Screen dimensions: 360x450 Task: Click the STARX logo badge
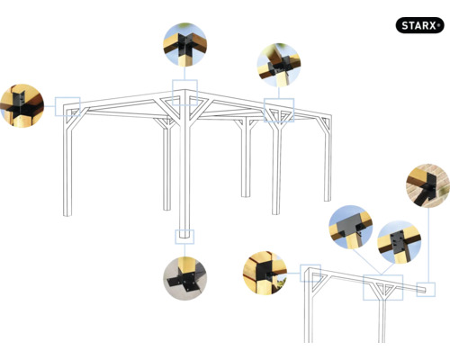pyautogui.click(x=419, y=24)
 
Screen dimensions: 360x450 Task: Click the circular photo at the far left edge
pyautogui.click(x=22, y=105)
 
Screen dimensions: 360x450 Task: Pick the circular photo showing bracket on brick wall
pyautogui.click(x=427, y=186)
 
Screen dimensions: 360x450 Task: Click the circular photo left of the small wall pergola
pyautogui.click(x=265, y=274)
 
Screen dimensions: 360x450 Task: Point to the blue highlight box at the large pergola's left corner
pyautogui.click(x=67, y=107)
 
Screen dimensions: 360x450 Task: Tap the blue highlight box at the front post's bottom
pyautogui.click(x=184, y=236)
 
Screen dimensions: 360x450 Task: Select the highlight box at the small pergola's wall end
pyautogui.click(x=427, y=289)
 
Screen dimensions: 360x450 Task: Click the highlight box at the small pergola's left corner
pyautogui.click(x=310, y=274)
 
